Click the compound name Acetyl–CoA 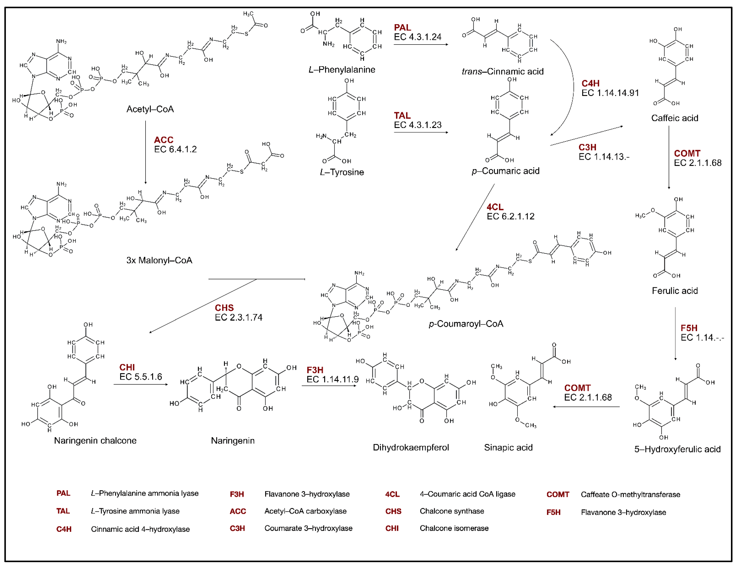(150, 109)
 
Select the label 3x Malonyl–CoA (159, 260)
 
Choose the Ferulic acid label (675, 291)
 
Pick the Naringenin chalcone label (95, 440)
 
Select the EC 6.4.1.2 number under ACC (175, 149)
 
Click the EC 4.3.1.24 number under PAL (417, 37)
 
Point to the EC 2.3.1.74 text (238, 317)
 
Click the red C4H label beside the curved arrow (590, 83)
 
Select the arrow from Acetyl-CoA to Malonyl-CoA (146, 152)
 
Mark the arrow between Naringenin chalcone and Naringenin (141, 384)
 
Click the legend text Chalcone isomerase (454, 528)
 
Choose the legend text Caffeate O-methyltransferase (630, 494)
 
